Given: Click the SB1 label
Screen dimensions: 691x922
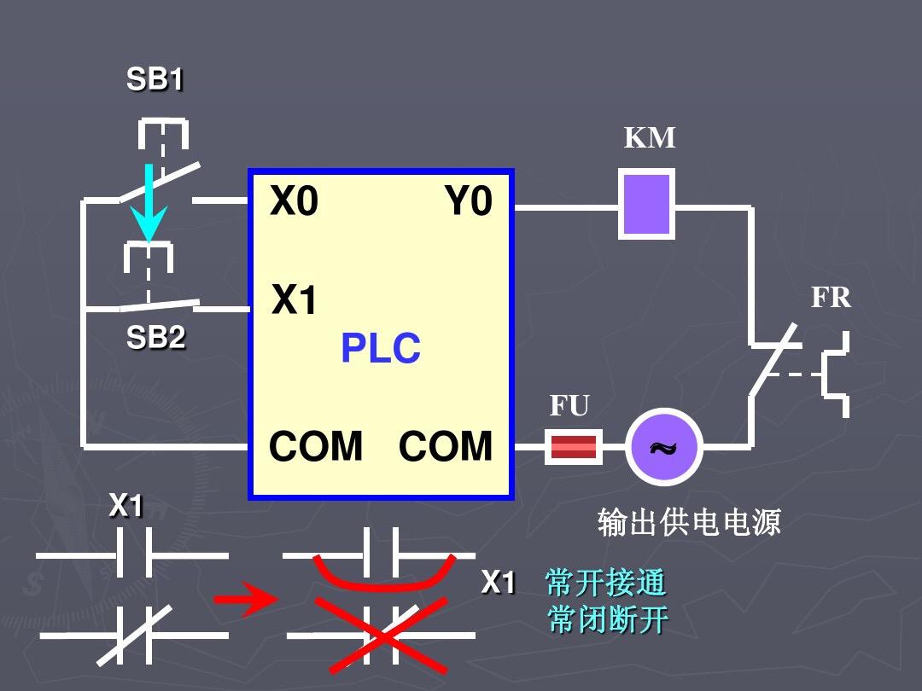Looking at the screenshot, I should pos(155,79).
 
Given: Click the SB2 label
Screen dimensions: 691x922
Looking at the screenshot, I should pos(155,338).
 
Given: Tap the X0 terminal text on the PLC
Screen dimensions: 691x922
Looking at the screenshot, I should pos(295,202).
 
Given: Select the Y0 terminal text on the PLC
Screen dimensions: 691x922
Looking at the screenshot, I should pos(469,202).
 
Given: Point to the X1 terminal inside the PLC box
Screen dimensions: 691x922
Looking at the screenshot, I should pos(295,300).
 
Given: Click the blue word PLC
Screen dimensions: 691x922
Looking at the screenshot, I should pos(381,348).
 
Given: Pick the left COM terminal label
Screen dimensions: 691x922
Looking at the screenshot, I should pos(316,446).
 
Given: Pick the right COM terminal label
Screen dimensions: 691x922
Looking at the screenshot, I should pos(446,446).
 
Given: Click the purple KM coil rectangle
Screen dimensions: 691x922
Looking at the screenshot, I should pos(646,204).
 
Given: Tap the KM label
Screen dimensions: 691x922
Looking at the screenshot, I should pos(650,137).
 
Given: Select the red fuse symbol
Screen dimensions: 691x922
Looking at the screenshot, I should pos(573,446).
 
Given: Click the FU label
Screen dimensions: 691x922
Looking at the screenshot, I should pos(569,406).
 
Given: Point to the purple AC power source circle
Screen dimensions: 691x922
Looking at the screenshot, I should pos(663,446).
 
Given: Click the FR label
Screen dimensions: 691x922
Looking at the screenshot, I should pos(831,297).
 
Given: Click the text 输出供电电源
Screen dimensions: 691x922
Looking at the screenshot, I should pos(689,522).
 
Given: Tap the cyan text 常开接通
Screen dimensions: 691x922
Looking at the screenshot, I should pos(605,583).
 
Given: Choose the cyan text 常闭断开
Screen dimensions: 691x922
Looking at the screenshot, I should pos(607,620).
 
